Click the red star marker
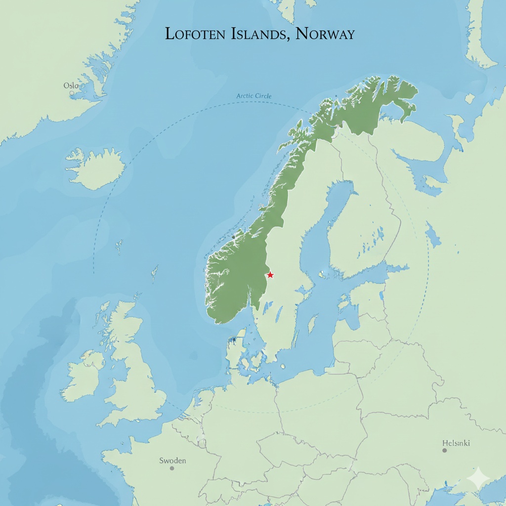click(270, 275)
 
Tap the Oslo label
click(71, 85)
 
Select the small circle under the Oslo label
click(72, 93)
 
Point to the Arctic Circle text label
click(254, 96)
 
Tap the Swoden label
click(172, 461)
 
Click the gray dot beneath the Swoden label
click(172, 468)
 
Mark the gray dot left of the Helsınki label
click(444, 450)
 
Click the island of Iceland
click(96, 168)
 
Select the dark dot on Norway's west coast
click(233, 237)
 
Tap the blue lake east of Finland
click(433, 234)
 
